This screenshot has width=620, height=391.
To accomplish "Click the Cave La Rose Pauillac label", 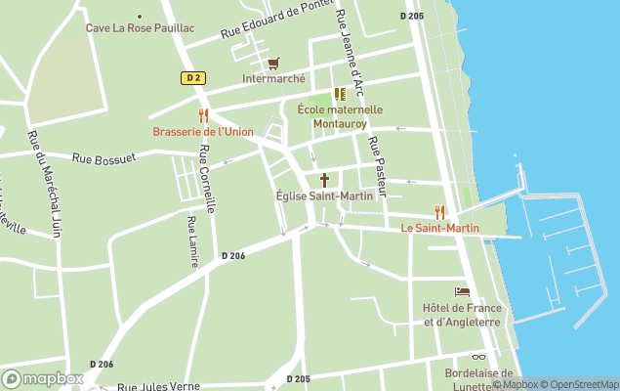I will click(x=140, y=27).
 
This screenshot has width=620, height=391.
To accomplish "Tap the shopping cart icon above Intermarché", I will click(x=273, y=63).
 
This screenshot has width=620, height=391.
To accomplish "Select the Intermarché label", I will click(x=273, y=78).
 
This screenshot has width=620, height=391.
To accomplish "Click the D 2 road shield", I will click(x=191, y=77).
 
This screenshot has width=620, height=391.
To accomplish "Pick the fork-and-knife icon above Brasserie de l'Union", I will click(x=203, y=115).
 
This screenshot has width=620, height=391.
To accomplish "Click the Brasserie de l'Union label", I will click(x=203, y=132).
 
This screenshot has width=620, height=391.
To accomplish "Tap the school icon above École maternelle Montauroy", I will click(x=340, y=94).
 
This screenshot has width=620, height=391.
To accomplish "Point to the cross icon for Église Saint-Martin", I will click(x=324, y=180).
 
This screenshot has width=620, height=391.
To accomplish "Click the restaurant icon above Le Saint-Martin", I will click(x=439, y=211).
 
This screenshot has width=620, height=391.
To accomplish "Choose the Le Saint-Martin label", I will click(x=440, y=228).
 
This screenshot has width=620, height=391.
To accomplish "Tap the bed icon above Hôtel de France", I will click(x=462, y=291).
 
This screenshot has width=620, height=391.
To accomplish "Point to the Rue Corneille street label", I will click(x=206, y=179).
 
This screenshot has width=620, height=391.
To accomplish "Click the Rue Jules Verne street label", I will click(x=158, y=385).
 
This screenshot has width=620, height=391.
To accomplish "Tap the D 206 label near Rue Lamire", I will click(x=233, y=256).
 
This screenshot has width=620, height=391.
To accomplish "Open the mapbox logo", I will click(x=43, y=378).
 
